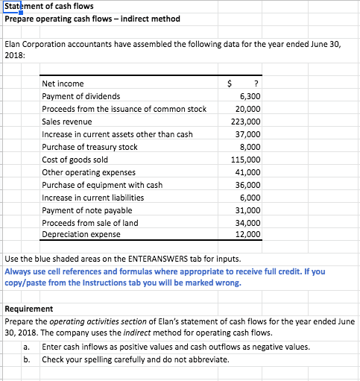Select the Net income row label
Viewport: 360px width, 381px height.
(63, 84)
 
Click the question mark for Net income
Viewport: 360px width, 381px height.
(256, 84)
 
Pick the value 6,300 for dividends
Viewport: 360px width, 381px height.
(250, 96)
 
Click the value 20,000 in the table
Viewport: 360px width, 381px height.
(248, 109)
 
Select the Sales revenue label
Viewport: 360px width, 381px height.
(67, 122)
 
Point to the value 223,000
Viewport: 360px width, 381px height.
(246, 122)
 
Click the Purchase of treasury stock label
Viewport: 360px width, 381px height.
(90, 147)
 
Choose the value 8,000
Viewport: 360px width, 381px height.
(250, 147)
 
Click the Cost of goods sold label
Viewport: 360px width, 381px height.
(75, 160)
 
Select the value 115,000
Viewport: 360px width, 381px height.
(246, 160)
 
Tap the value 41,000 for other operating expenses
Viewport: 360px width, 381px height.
(248, 172)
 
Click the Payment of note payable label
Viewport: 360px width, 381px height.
(86, 210)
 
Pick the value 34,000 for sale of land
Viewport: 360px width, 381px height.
(248, 223)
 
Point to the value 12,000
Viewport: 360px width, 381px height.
(248, 235)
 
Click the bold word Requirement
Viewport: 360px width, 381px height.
(29, 309)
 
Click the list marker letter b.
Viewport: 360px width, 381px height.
(26, 360)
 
